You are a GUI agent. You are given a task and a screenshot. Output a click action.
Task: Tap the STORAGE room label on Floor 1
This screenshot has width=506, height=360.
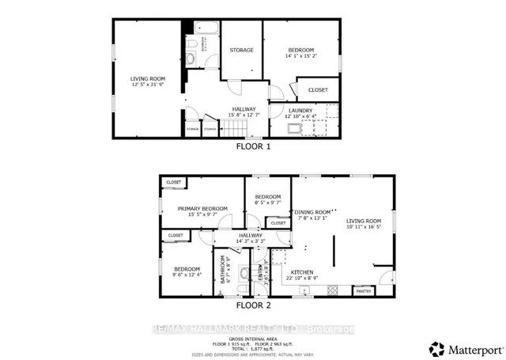tap(241, 50)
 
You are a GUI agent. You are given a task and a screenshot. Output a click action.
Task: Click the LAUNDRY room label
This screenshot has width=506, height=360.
tap(300, 110)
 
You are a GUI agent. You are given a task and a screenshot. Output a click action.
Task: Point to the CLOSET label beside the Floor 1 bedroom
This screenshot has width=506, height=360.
tap(318, 89)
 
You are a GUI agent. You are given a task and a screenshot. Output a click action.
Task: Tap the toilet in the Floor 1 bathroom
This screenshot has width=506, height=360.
tap(192, 59)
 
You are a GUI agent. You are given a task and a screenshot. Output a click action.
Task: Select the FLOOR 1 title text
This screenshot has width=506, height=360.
tap(253, 146)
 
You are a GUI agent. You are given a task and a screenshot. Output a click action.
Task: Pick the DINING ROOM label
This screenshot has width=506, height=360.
tap(312, 212)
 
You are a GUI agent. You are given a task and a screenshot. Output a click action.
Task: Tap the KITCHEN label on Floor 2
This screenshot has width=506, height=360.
tap(303, 271)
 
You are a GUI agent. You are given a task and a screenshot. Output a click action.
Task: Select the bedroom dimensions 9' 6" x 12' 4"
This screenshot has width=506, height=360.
tap(187, 275)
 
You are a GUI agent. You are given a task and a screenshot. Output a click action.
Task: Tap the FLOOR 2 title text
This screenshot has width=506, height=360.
tap(253, 305)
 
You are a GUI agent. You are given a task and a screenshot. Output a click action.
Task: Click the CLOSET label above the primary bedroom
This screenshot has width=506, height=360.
tap(173, 183)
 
